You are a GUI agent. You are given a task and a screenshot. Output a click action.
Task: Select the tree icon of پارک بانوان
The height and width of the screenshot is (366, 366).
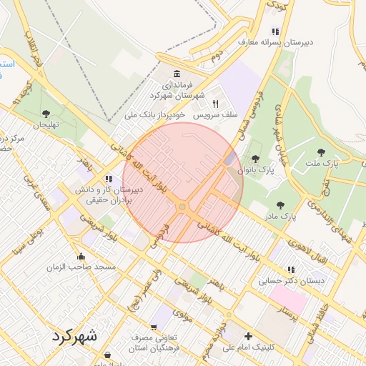tap(255, 159)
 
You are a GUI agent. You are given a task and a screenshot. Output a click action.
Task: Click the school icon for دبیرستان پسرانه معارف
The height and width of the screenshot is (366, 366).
tap(275, 31)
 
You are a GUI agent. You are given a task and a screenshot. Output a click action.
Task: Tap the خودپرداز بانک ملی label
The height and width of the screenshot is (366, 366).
tap(155, 114)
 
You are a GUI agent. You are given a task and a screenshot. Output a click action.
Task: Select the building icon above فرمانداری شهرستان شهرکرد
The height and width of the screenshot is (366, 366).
tap(177, 74)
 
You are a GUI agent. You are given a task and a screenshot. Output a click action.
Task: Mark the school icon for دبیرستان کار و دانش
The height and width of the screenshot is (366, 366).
tap(108, 179)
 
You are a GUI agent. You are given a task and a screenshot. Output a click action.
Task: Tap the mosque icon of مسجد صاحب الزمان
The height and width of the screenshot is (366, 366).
tap(81, 256)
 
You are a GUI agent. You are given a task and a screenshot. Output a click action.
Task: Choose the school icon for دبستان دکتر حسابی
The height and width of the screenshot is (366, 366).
tap(290, 269)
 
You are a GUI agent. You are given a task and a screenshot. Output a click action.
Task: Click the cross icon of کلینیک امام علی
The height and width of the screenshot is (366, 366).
tap(248, 336)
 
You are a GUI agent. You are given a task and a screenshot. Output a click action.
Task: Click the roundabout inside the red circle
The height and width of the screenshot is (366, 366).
tap(183, 207)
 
